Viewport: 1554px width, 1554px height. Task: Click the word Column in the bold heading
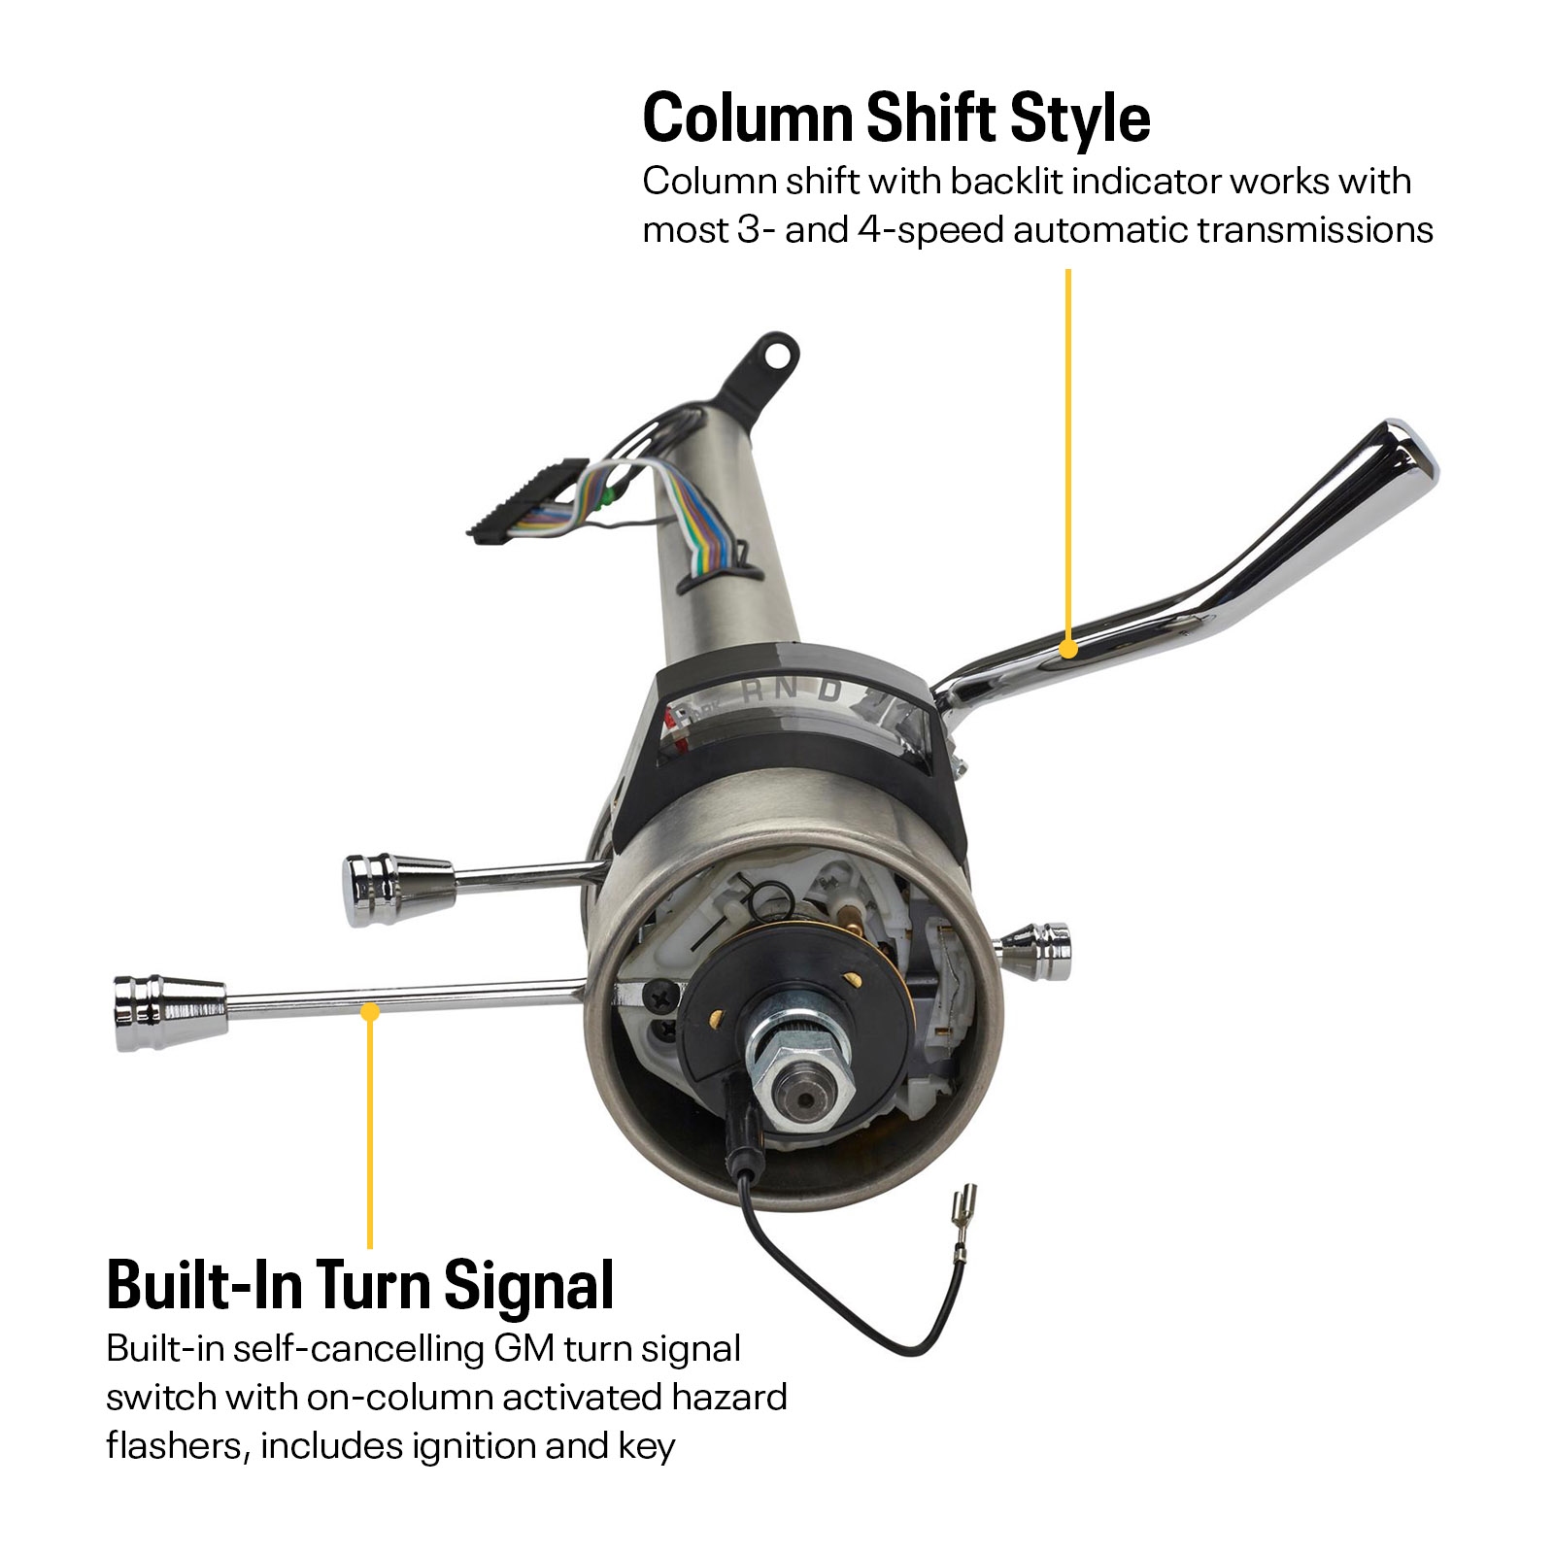tap(747, 118)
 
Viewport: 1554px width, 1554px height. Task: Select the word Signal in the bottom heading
tap(529, 1288)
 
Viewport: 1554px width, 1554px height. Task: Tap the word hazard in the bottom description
tap(728, 1397)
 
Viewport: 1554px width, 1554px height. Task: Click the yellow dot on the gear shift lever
tap(1068, 648)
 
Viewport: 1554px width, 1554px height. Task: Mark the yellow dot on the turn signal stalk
tap(370, 1012)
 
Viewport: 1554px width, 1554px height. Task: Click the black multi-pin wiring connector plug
tap(528, 500)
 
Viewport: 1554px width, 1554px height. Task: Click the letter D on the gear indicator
tap(828, 691)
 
